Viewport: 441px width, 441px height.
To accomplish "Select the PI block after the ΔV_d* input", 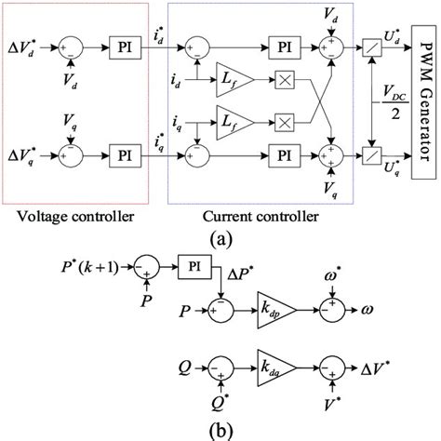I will [x=122, y=44].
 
